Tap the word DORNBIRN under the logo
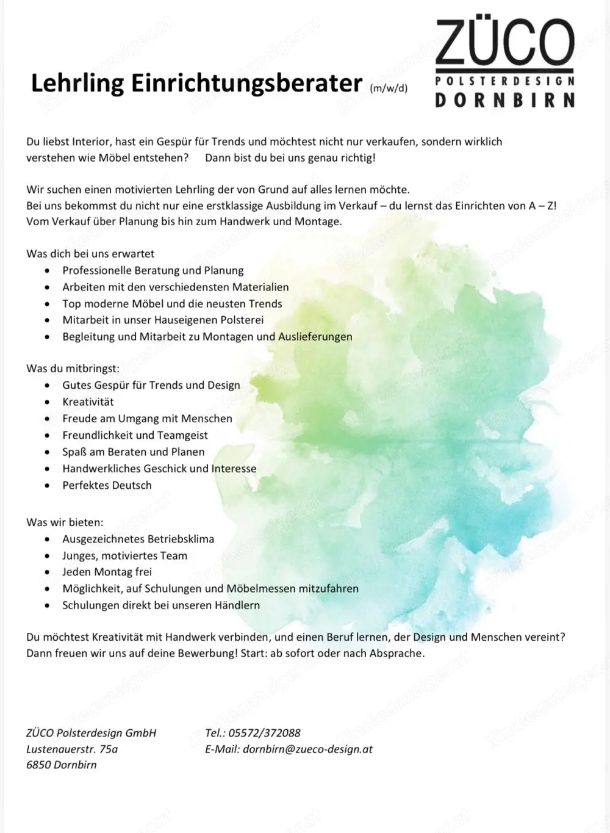pyautogui.click(x=505, y=100)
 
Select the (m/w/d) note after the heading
pyautogui.click(x=389, y=88)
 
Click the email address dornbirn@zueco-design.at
pyautogui.click(x=307, y=749)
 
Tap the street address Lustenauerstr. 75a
pyautogui.click(x=72, y=749)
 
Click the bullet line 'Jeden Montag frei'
pyautogui.click(x=107, y=572)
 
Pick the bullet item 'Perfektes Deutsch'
pyautogui.click(x=107, y=485)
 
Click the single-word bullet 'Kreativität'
pyautogui.click(x=88, y=402)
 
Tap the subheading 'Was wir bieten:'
pyautogui.click(x=65, y=522)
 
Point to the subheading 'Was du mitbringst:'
pyautogui.click(x=73, y=369)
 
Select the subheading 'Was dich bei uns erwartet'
pyautogui.click(x=90, y=254)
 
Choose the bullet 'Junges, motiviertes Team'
pyautogui.click(x=124, y=555)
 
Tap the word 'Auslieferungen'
pyautogui.click(x=315, y=336)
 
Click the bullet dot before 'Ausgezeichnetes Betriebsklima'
pyautogui.click(x=48, y=539)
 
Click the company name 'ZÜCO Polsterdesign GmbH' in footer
pyautogui.click(x=91, y=733)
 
